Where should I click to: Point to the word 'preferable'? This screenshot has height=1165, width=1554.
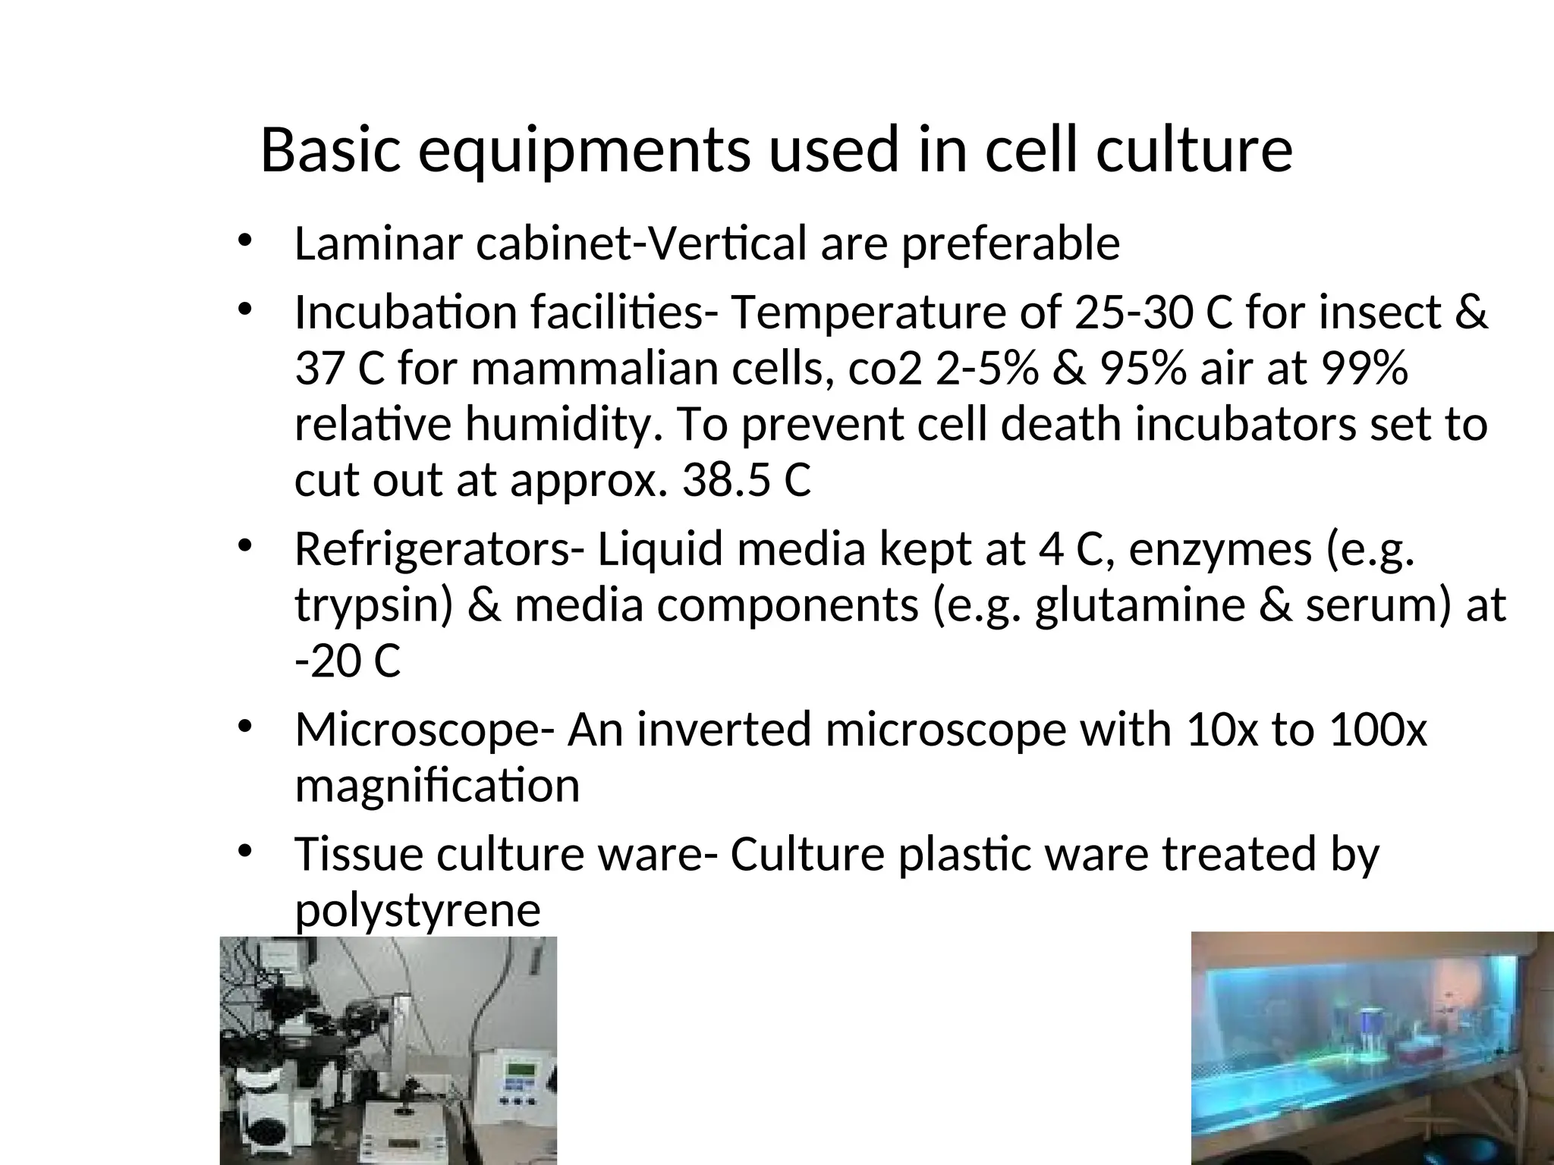1011,245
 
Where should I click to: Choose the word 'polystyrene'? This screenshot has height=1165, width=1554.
417,910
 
